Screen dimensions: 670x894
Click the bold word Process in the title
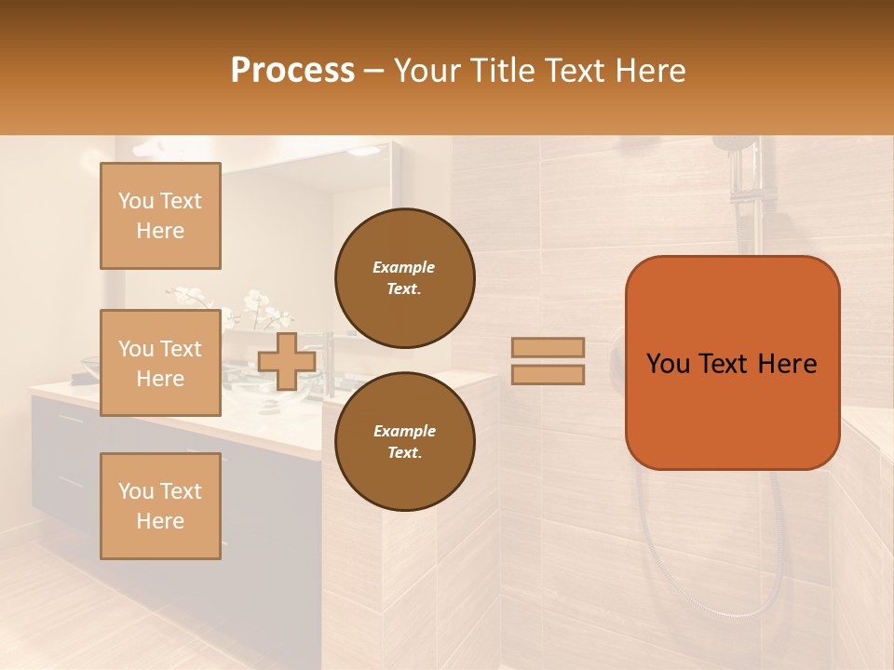[292, 71]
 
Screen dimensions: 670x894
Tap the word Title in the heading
[503, 71]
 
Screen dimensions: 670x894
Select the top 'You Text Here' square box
[160, 216]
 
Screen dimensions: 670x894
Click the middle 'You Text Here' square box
[160, 363]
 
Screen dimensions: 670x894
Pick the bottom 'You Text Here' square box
[160, 506]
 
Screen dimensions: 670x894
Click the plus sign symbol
[287, 361]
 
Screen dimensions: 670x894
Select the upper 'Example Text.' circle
[404, 278]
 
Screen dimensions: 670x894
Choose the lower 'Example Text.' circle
[404, 442]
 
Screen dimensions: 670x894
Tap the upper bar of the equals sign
[549, 347]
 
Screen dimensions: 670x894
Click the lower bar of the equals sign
[549, 375]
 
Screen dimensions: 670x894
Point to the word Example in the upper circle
[404, 267]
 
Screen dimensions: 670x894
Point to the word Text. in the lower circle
[404, 453]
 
